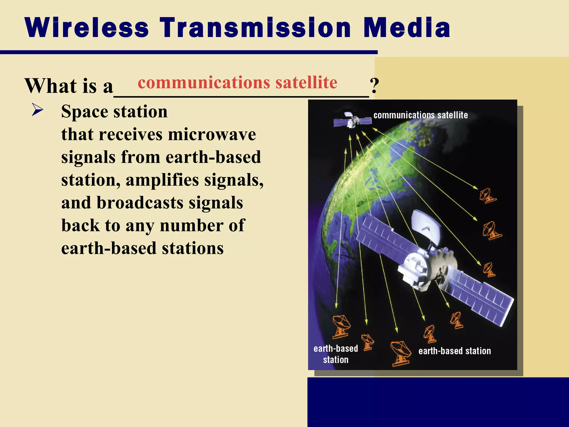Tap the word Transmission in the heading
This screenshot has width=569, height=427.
[255, 28]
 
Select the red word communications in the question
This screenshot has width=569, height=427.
[204, 83]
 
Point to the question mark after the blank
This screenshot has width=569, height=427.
[374, 86]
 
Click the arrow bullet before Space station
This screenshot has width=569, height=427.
[38, 110]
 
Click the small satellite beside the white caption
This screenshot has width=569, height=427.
[352, 121]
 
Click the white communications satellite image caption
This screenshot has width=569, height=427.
[420, 115]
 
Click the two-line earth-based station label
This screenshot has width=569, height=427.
[336, 354]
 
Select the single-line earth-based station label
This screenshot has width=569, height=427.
[455, 351]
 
